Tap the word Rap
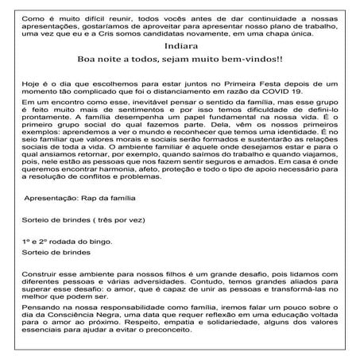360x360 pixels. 89,193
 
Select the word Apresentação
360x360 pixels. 52,193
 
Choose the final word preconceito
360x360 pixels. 180,338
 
